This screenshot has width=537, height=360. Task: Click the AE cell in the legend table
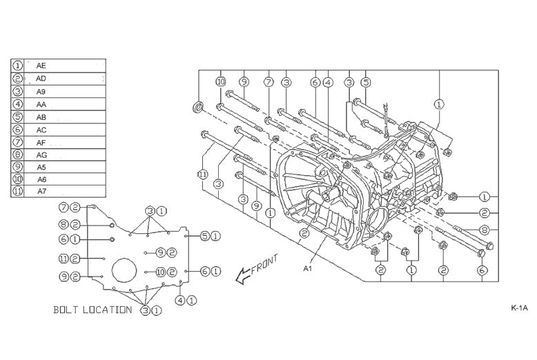42,66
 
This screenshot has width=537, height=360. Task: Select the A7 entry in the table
42,191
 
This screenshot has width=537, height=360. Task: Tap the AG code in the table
42,154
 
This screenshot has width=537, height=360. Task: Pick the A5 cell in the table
42,166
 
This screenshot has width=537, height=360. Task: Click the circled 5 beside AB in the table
18,117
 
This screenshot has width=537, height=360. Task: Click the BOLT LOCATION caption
92,310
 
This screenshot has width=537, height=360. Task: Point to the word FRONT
266,265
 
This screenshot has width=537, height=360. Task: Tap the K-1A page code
520,308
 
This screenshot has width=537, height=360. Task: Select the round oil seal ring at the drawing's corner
198,107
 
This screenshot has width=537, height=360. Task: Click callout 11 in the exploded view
202,175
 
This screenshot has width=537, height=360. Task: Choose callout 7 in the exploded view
268,82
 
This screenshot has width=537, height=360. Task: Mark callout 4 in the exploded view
329,82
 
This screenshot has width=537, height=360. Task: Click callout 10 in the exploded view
220,82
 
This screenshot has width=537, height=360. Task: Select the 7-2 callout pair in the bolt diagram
69,207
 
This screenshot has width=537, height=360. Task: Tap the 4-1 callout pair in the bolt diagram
185,300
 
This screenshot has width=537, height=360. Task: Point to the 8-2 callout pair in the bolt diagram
69,224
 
